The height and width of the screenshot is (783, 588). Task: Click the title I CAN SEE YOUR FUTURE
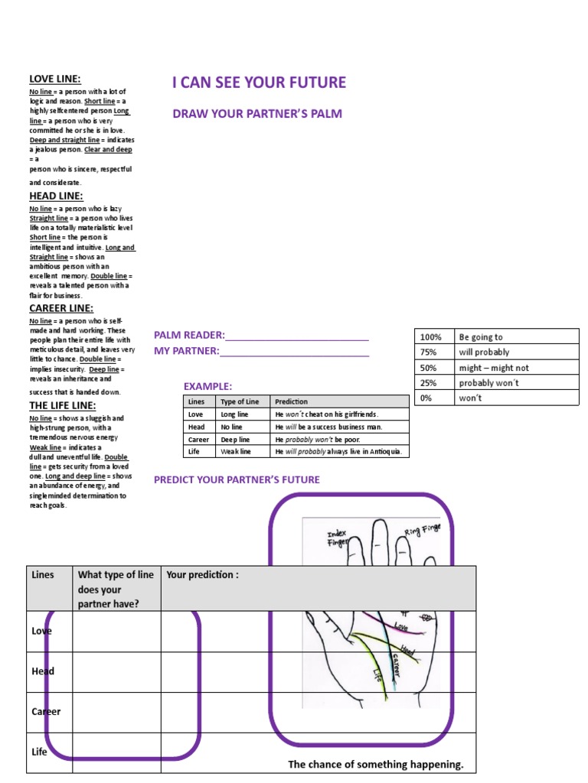click(259, 83)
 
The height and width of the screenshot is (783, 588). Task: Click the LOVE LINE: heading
click(55, 79)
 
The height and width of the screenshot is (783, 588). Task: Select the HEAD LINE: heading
click(56, 196)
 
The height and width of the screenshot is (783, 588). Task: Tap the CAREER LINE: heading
click(61, 308)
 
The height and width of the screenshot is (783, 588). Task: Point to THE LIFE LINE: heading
click(63, 405)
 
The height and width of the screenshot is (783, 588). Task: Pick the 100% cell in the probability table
click(431, 337)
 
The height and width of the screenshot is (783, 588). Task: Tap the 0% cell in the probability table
click(427, 398)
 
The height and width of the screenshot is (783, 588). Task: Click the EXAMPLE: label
click(207, 387)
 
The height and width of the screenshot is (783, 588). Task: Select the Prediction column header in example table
click(291, 401)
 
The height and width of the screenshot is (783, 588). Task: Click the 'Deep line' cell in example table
click(235, 440)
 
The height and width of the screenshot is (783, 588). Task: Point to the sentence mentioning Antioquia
click(338, 452)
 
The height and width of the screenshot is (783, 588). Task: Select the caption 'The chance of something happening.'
click(375, 764)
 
